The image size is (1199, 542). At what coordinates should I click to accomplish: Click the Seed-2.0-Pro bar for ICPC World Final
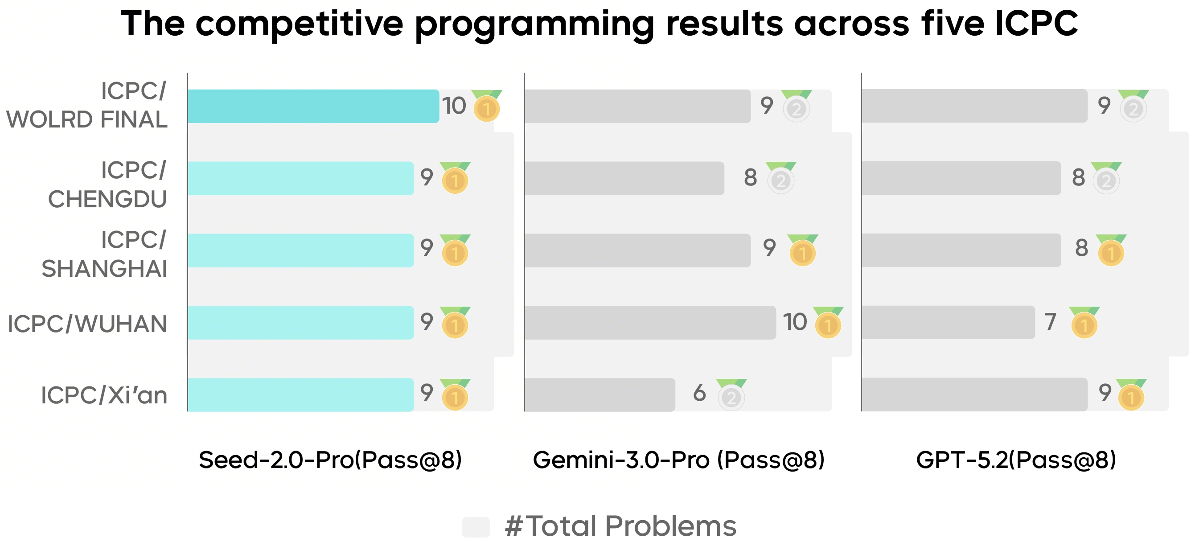[x=313, y=106]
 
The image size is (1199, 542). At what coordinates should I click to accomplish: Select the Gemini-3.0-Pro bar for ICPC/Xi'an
[x=599, y=394]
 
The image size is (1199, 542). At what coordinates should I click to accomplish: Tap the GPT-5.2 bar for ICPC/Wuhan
[x=948, y=322]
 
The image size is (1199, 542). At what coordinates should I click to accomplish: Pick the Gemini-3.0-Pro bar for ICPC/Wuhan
[x=650, y=322]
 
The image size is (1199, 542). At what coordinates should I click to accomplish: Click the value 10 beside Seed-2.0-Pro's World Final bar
[x=453, y=106]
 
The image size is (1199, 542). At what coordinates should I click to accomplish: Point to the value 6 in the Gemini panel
[x=699, y=393]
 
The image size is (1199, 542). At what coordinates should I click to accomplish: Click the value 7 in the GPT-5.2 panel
[x=1050, y=322]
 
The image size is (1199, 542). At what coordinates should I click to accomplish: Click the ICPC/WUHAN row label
[x=87, y=324]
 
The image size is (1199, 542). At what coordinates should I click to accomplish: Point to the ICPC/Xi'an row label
[x=104, y=395]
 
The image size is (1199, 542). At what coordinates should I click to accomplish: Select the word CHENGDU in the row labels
[x=107, y=199]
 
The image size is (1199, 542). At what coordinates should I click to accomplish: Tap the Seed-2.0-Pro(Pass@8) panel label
[x=330, y=460]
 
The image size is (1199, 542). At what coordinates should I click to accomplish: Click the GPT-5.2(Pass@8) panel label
[x=1016, y=460]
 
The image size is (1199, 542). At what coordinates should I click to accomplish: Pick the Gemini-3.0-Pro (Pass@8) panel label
[x=679, y=460]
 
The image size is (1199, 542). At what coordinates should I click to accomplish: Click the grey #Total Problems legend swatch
[x=476, y=527]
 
